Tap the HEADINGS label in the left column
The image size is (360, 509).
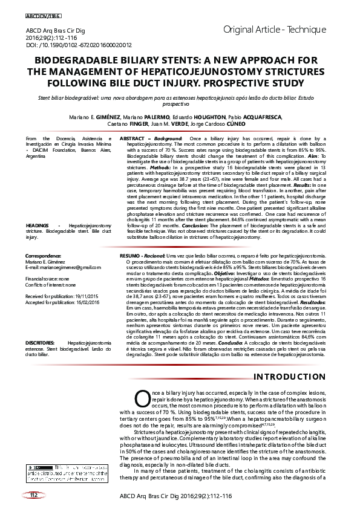pyautogui.click(x=38, y=225)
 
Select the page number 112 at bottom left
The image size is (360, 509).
pyautogui.click(x=34, y=495)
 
